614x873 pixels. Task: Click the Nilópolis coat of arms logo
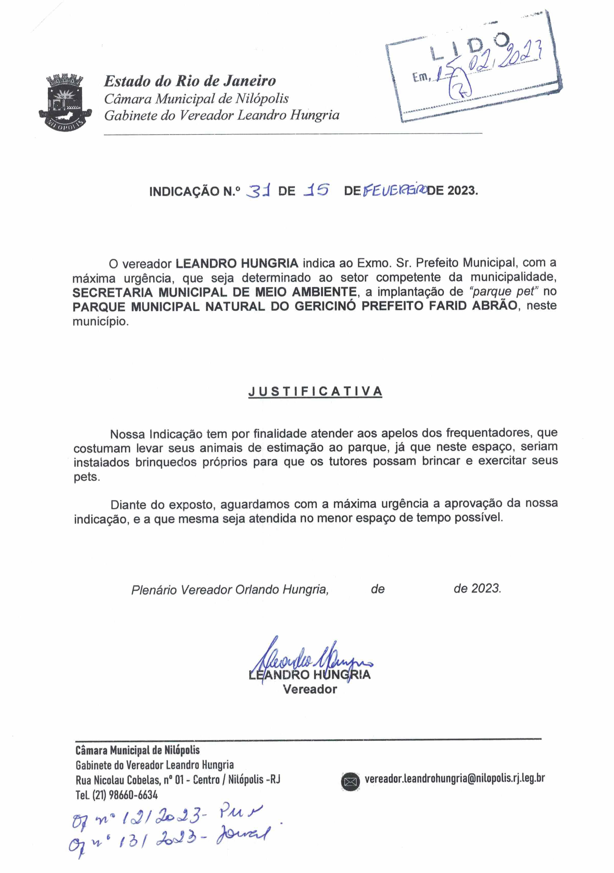pyautogui.click(x=65, y=102)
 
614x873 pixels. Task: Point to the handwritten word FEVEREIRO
pyautogui.click(x=394, y=190)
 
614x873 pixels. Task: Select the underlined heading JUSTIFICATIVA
pyautogui.click(x=315, y=391)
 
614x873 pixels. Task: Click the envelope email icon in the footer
pyautogui.click(x=350, y=782)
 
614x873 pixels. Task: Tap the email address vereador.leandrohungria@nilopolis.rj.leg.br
pyautogui.click(x=454, y=778)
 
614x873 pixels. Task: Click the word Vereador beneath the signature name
pyautogui.click(x=310, y=689)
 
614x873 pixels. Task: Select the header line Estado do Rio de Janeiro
pyautogui.click(x=190, y=81)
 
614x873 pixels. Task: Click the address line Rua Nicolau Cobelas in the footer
pyautogui.click(x=178, y=780)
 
